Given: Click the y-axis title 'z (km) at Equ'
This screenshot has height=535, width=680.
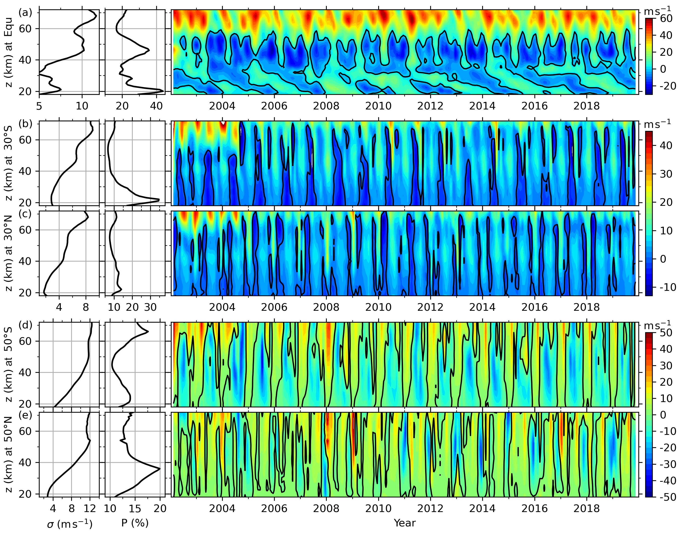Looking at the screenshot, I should click(x=9, y=52).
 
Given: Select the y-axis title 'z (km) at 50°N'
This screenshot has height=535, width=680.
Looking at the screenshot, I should click(x=9, y=455).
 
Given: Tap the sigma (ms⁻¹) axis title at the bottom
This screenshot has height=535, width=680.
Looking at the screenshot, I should click(x=70, y=523).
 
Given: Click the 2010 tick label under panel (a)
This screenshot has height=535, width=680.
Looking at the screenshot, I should click(x=378, y=106).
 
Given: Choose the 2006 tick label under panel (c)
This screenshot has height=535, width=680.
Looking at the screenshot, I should click(x=274, y=307).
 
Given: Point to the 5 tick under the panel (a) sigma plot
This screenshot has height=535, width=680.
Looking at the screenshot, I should click(x=39, y=106).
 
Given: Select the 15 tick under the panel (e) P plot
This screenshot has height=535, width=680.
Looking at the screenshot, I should click(x=135, y=508).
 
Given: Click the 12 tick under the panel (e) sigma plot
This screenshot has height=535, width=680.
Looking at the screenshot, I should click(x=90, y=508).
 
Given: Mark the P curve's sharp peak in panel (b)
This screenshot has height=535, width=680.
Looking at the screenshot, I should click(x=159, y=200).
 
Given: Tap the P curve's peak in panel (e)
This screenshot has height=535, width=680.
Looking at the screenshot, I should click(x=160, y=469).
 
